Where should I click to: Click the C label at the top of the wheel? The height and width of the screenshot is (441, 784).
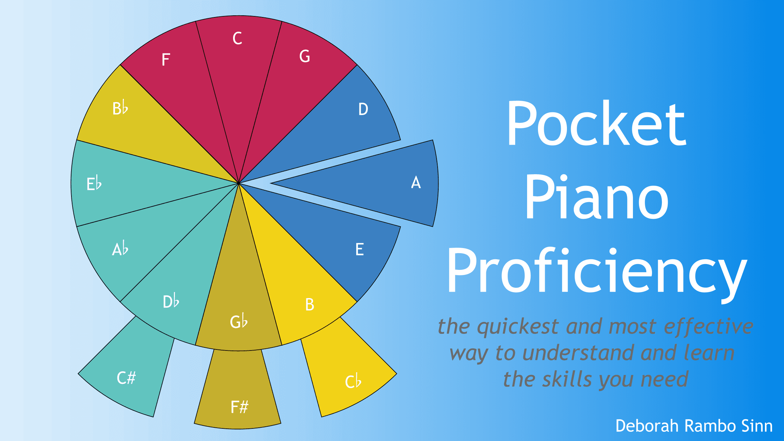point(237,38)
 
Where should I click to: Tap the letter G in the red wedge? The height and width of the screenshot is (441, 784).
point(305,56)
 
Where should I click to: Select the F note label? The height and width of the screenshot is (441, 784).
point(166,60)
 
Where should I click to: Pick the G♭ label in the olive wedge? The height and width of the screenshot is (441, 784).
point(239,321)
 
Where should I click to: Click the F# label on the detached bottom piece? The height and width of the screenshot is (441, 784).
point(240,407)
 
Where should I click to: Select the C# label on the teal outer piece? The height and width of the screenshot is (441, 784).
point(126,378)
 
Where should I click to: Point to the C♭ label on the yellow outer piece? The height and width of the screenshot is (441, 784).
point(353,381)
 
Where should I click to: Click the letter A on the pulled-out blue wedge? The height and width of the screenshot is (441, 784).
point(416,182)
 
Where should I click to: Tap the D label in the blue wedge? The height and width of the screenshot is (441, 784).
point(363,109)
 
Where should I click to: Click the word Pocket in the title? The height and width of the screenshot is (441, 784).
point(596,123)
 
